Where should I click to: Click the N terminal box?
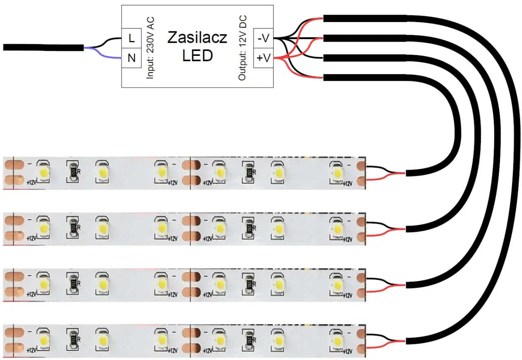click(x=131, y=58)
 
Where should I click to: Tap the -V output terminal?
click(x=263, y=38)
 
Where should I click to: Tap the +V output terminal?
click(x=263, y=58)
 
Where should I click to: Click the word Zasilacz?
click(x=197, y=38)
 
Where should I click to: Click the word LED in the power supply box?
click(x=197, y=56)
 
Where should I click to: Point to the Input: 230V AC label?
click(x=150, y=48)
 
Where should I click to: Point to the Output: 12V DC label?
click(x=243, y=48)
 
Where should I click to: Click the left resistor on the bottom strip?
click(x=73, y=338)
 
